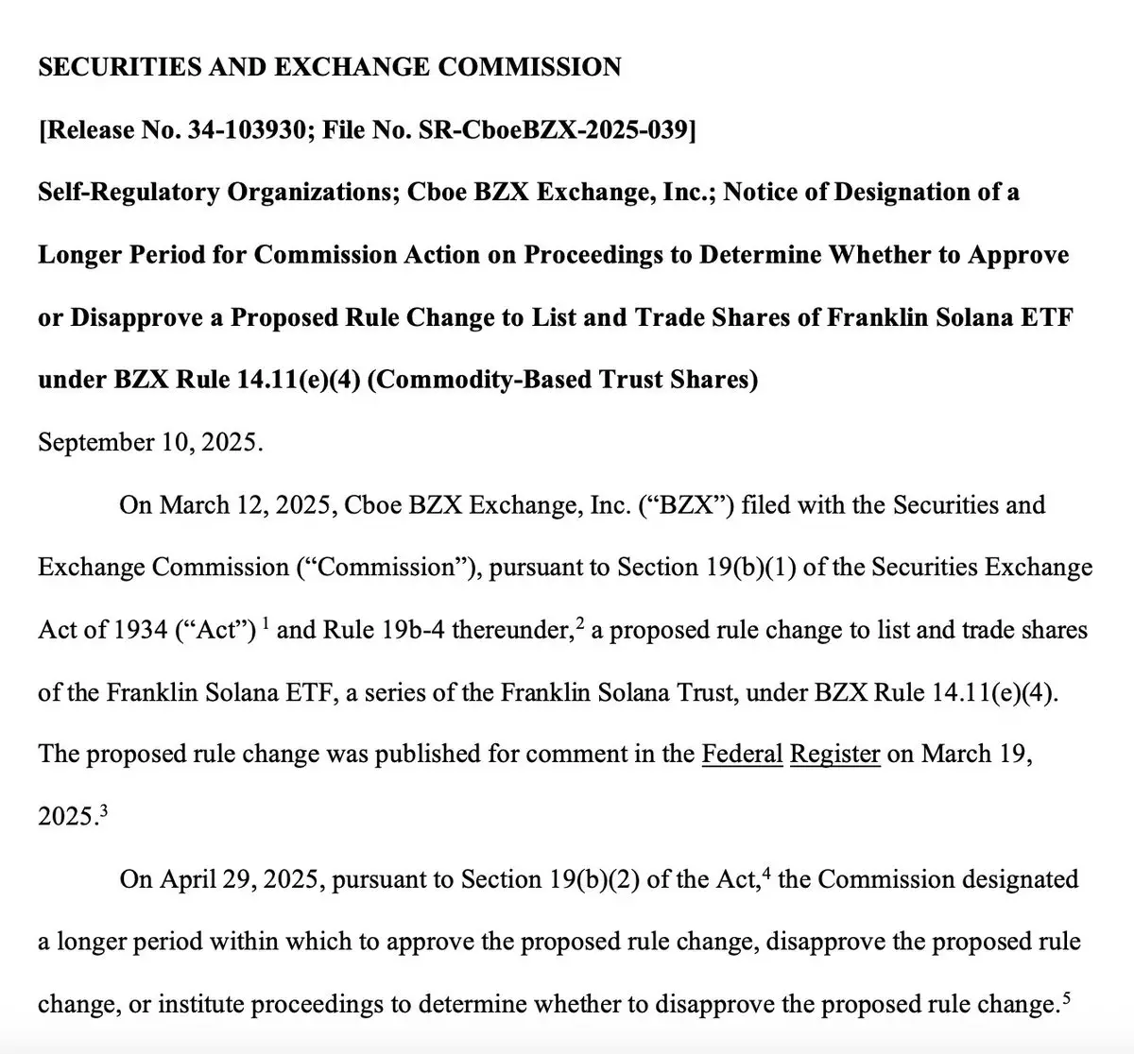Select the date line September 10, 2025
[150, 442]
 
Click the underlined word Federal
[743, 755]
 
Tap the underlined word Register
[835, 755]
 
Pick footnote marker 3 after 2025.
[103, 809]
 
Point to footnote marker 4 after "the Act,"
[767, 872]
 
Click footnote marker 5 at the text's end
[1066, 996]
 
